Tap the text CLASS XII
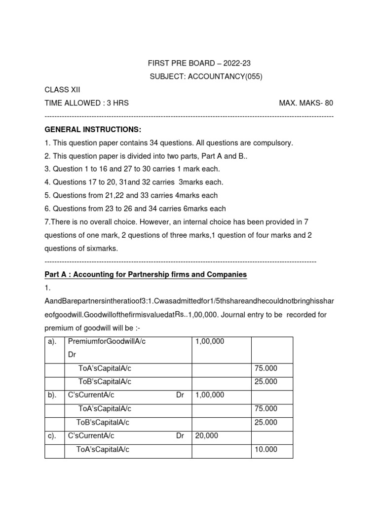62,90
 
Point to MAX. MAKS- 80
306,103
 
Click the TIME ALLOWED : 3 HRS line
86,103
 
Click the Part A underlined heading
146,274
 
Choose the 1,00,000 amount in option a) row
210,341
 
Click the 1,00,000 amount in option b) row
210,395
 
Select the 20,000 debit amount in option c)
206,436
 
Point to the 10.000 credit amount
266,449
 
